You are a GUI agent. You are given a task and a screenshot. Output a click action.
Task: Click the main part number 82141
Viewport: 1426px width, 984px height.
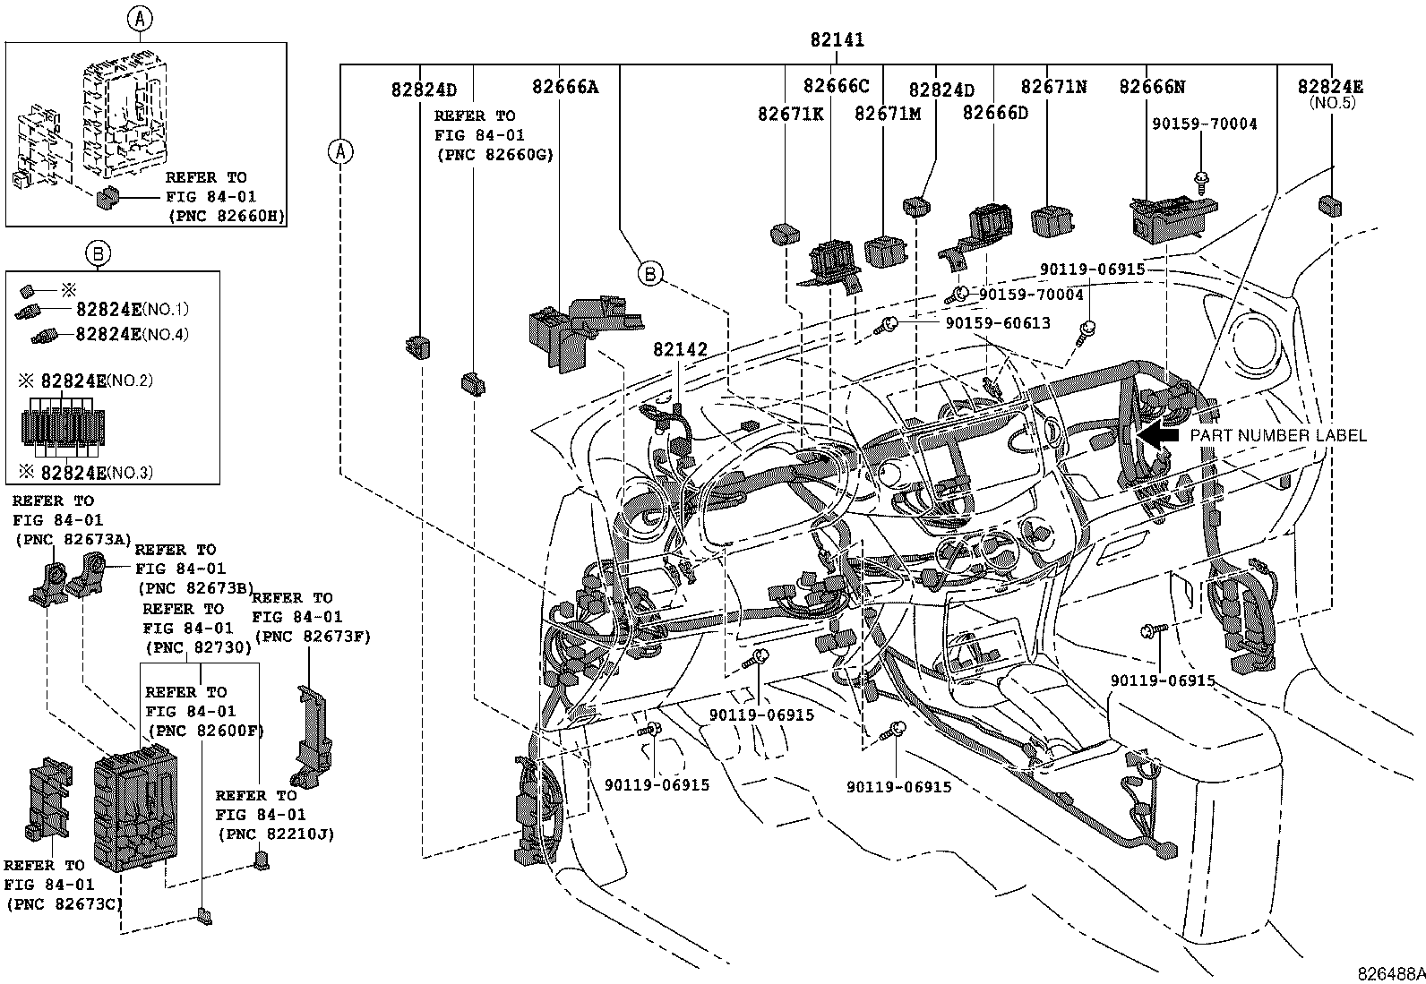click(x=837, y=40)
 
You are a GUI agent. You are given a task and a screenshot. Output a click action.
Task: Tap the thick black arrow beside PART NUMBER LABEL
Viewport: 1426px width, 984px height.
click(x=1162, y=436)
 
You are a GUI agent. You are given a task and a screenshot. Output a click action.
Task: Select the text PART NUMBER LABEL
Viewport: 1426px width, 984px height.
click(x=1278, y=436)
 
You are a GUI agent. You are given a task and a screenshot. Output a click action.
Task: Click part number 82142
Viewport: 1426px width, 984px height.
click(x=680, y=349)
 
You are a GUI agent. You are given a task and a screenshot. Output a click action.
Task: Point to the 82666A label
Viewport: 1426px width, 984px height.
click(x=564, y=87)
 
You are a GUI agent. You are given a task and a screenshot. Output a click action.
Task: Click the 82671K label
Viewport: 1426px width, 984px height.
click(x=790, y=114)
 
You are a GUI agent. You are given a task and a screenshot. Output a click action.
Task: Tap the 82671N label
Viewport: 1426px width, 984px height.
click(x=1053, y=87)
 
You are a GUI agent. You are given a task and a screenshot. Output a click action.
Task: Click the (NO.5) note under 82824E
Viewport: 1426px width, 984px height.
click(x=1332, y=103)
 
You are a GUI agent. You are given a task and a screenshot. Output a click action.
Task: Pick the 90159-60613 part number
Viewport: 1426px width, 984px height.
click(x=997, y=323)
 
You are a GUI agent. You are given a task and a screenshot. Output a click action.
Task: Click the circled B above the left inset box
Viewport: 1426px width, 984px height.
click(x=99, y=254)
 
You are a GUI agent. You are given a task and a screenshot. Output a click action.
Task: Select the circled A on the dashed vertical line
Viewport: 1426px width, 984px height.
click(x=339, y=151)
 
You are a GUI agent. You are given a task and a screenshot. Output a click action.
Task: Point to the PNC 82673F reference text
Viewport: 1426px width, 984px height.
click(x=312, y=637)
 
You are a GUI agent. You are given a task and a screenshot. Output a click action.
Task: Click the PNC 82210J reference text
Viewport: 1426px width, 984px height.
click(x=274, y=834)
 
